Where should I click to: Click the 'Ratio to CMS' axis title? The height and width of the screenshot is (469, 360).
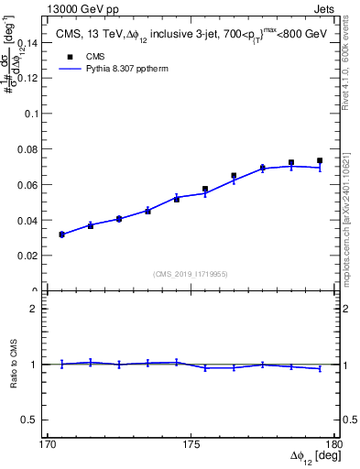point(13,365)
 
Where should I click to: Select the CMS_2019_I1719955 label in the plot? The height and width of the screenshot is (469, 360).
point(191,273)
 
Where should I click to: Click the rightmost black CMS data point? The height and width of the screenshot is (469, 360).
point(320,161)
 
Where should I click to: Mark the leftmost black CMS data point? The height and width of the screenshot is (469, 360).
point(61,234)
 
